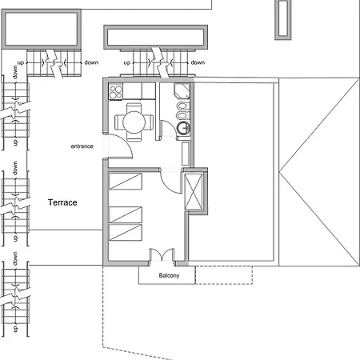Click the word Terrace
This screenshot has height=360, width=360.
click(x=62, y=203)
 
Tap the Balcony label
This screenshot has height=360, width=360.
click(x=168, y=276)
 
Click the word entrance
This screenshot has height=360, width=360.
click(x=82, y=146)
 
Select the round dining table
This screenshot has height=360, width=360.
click(x=133, y=122)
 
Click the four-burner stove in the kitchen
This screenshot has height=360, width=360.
click(x=114, y=90)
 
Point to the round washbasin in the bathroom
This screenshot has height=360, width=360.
click(x=183, y=126)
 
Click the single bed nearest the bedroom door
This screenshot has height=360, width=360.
click(x=126, y=182)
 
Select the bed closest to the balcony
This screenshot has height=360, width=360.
click(x=126, y=233)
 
